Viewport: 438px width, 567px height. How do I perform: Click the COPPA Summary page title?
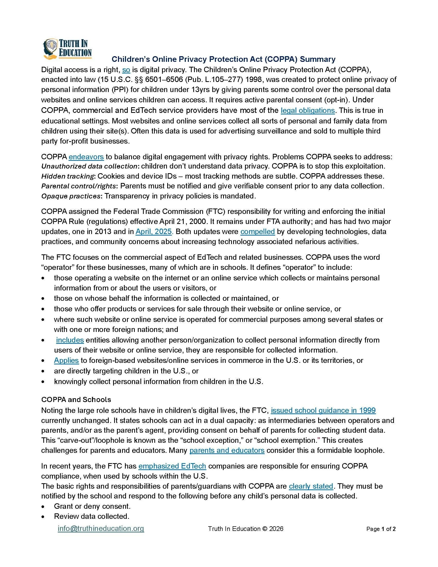tap(223, 60)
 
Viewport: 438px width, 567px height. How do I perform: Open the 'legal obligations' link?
tap(307, 111)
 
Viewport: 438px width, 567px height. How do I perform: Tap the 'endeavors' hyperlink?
tap(86, 157)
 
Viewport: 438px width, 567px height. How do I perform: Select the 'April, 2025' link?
tap(154, 232)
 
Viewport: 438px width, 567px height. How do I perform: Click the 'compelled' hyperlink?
tap(257, 232)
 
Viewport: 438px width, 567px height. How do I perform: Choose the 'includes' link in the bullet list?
tap(70, 340)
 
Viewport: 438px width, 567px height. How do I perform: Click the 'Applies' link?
tap(66, 360)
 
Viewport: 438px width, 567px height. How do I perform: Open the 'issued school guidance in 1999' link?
tap(323, 411)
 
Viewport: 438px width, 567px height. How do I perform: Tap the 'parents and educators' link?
tap(227, 451)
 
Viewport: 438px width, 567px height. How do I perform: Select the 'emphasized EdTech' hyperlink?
tap(172, 466)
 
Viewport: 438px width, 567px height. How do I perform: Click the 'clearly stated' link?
tap(311, 486)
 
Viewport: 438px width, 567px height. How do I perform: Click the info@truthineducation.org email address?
tap(101, 529)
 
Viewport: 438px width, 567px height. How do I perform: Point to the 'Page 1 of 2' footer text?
tap(381, 529)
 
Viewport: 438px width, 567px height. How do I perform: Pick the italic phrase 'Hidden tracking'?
tap(68, 176)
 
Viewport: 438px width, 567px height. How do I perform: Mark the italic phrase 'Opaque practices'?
tap(71, 196)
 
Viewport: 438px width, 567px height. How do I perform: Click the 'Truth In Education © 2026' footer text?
tap(246, 529)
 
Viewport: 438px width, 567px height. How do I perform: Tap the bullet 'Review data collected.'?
tap(91, 516)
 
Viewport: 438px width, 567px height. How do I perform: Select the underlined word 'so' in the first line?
tap(126, 70)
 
